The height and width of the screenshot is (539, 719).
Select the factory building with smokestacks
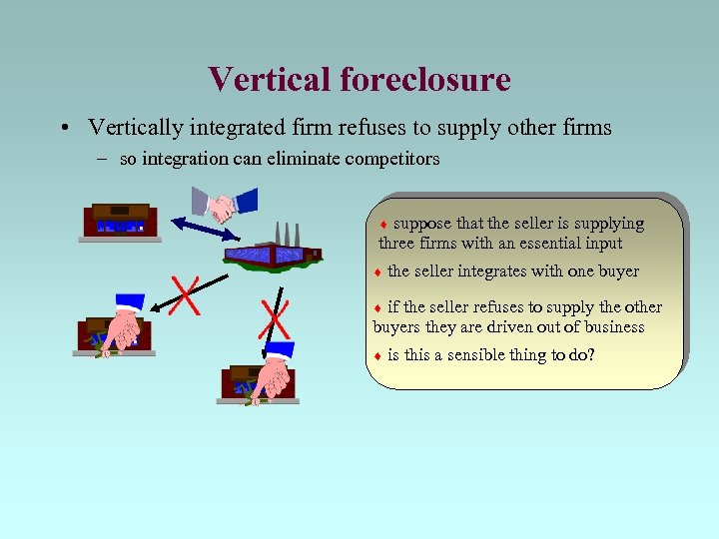273,249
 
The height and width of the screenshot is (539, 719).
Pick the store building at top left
120,221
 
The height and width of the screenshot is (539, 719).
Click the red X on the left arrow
184,293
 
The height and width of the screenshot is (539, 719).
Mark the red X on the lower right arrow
274,318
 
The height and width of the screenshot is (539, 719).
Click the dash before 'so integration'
105,159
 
